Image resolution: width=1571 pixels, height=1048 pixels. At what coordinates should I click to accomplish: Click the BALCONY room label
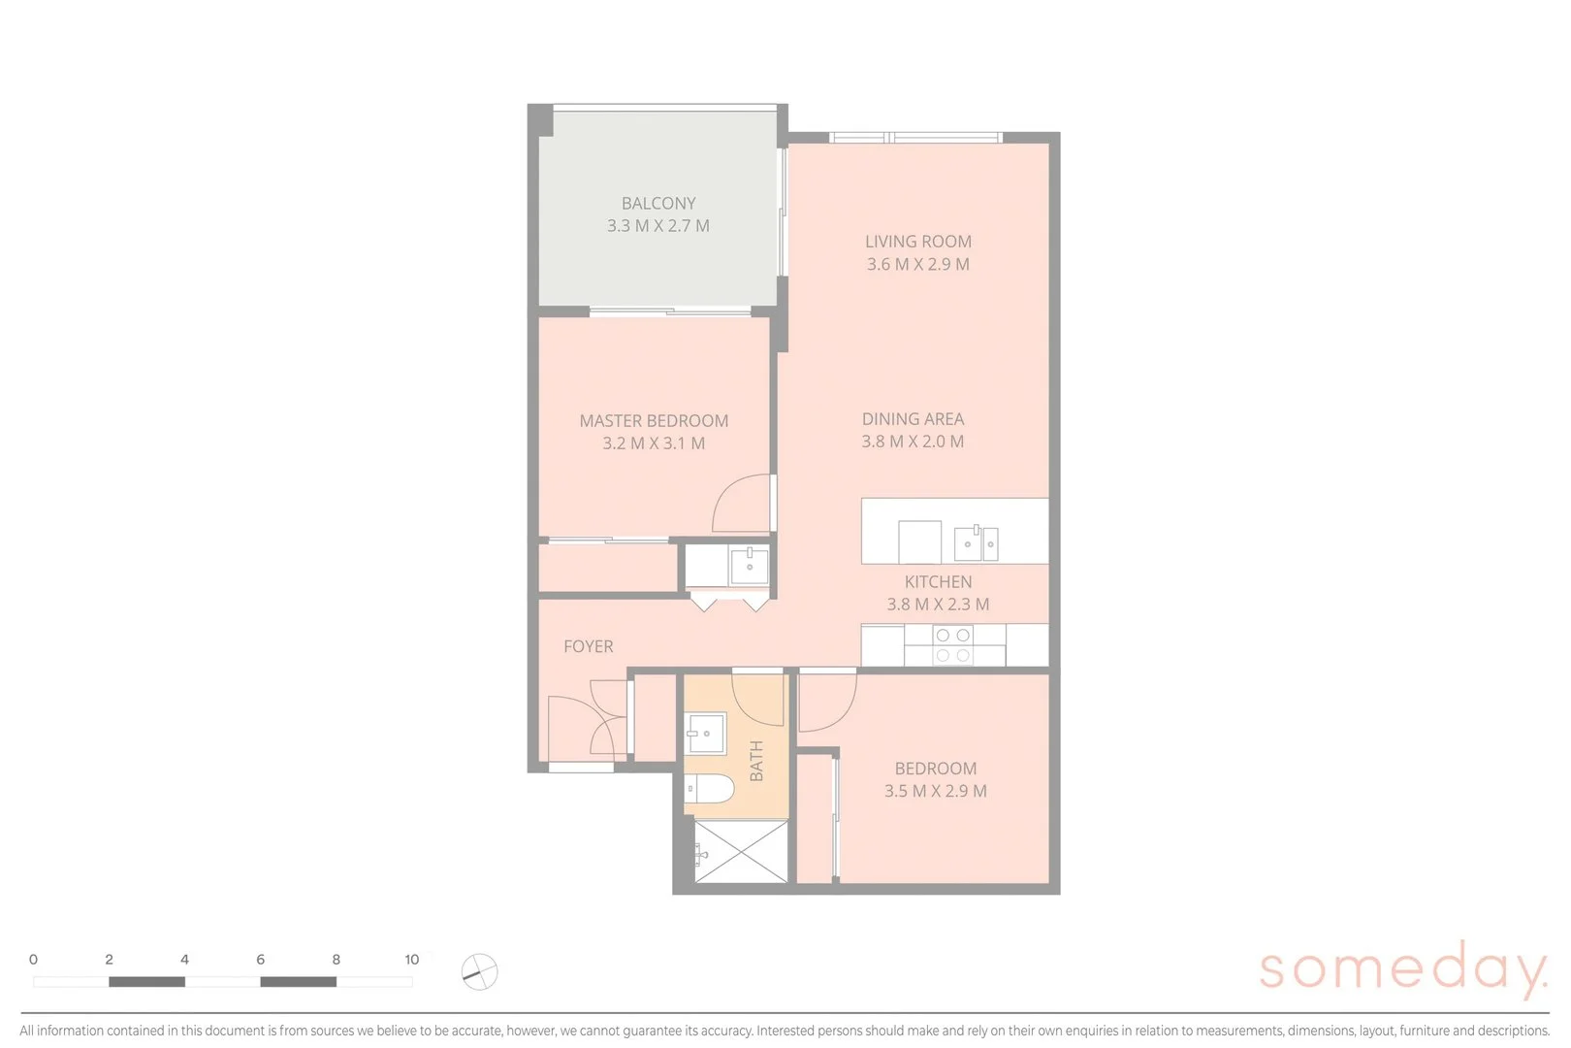click(x=658, y=204)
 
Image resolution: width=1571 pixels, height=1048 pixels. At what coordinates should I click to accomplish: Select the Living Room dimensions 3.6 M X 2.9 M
click(x=917, y=264)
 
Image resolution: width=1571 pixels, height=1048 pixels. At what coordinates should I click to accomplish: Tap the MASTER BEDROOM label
click(x=654, y=421)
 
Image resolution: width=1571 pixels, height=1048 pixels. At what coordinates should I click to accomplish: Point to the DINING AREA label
click(x=913, y=419)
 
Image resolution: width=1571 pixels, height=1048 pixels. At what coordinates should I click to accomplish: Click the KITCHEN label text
click(x=938, y=582)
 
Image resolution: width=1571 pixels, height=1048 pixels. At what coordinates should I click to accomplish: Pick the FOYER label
click(x=588, y=646)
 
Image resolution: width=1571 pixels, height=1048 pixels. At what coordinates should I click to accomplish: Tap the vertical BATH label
click(x=756, y=761)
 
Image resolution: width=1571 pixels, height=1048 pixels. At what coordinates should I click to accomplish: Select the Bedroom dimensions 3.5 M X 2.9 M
click(x=935, y=791)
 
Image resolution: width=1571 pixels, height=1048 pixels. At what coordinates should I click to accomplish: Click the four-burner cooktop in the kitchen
click(x=952, y=645)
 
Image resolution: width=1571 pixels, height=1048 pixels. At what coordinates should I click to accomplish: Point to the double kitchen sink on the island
click(x=976, y=543)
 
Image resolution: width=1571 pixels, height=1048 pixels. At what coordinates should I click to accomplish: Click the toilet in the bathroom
click(x=709, y=790)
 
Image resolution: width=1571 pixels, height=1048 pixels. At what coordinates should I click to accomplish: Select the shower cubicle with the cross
click(x=742, y=851)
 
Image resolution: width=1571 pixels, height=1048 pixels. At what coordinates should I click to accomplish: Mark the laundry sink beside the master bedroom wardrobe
click(x=749, y=565)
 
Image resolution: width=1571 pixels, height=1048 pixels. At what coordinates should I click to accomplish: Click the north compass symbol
click(x=479, y=971)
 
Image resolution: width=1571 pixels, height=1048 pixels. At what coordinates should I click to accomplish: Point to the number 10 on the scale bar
click(x=412, y=960)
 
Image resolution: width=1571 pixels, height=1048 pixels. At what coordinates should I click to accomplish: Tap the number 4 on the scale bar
click(x=184, y=960)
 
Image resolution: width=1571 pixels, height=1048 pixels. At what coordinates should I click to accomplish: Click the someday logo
click(x=1402, y=969)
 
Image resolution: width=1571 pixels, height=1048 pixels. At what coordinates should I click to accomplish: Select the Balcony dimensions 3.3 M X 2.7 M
click(x=658, y=226)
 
